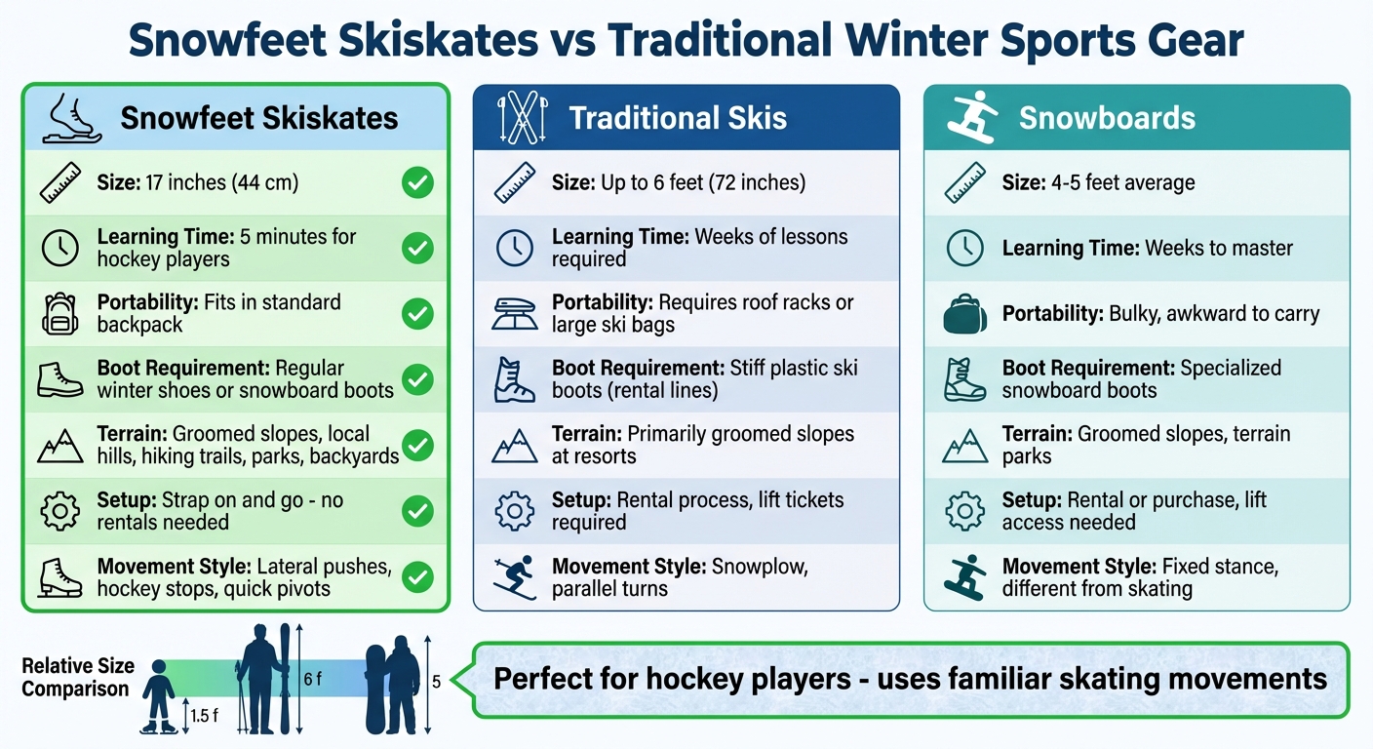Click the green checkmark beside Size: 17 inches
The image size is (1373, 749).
tap(417, 183)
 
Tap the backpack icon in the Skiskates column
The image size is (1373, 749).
tap(60, 314)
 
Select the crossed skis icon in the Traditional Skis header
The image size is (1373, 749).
tap(516, 118)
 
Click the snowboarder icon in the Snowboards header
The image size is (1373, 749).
tap(970, 118)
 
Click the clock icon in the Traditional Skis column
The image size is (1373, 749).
tap(515, 249)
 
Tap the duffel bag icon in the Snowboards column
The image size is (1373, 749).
tap(965, 314)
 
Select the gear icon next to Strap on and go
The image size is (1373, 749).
tap(60, 511)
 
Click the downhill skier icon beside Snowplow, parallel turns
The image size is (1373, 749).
tap(514, 576)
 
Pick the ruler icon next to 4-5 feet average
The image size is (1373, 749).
tap(965, 183)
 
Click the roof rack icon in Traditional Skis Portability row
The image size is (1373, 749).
tap(515, 314)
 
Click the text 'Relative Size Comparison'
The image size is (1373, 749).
tap(75, 678)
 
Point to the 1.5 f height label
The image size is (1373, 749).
tap(204, 716)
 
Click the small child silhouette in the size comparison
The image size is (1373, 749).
tap(158, 695)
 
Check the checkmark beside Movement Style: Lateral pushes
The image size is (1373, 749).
tap(417, 577)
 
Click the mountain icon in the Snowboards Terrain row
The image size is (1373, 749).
tap(965, 446)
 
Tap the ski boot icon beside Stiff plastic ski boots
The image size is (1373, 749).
tap(515, 379)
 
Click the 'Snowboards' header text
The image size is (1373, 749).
tap(1107, 118)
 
